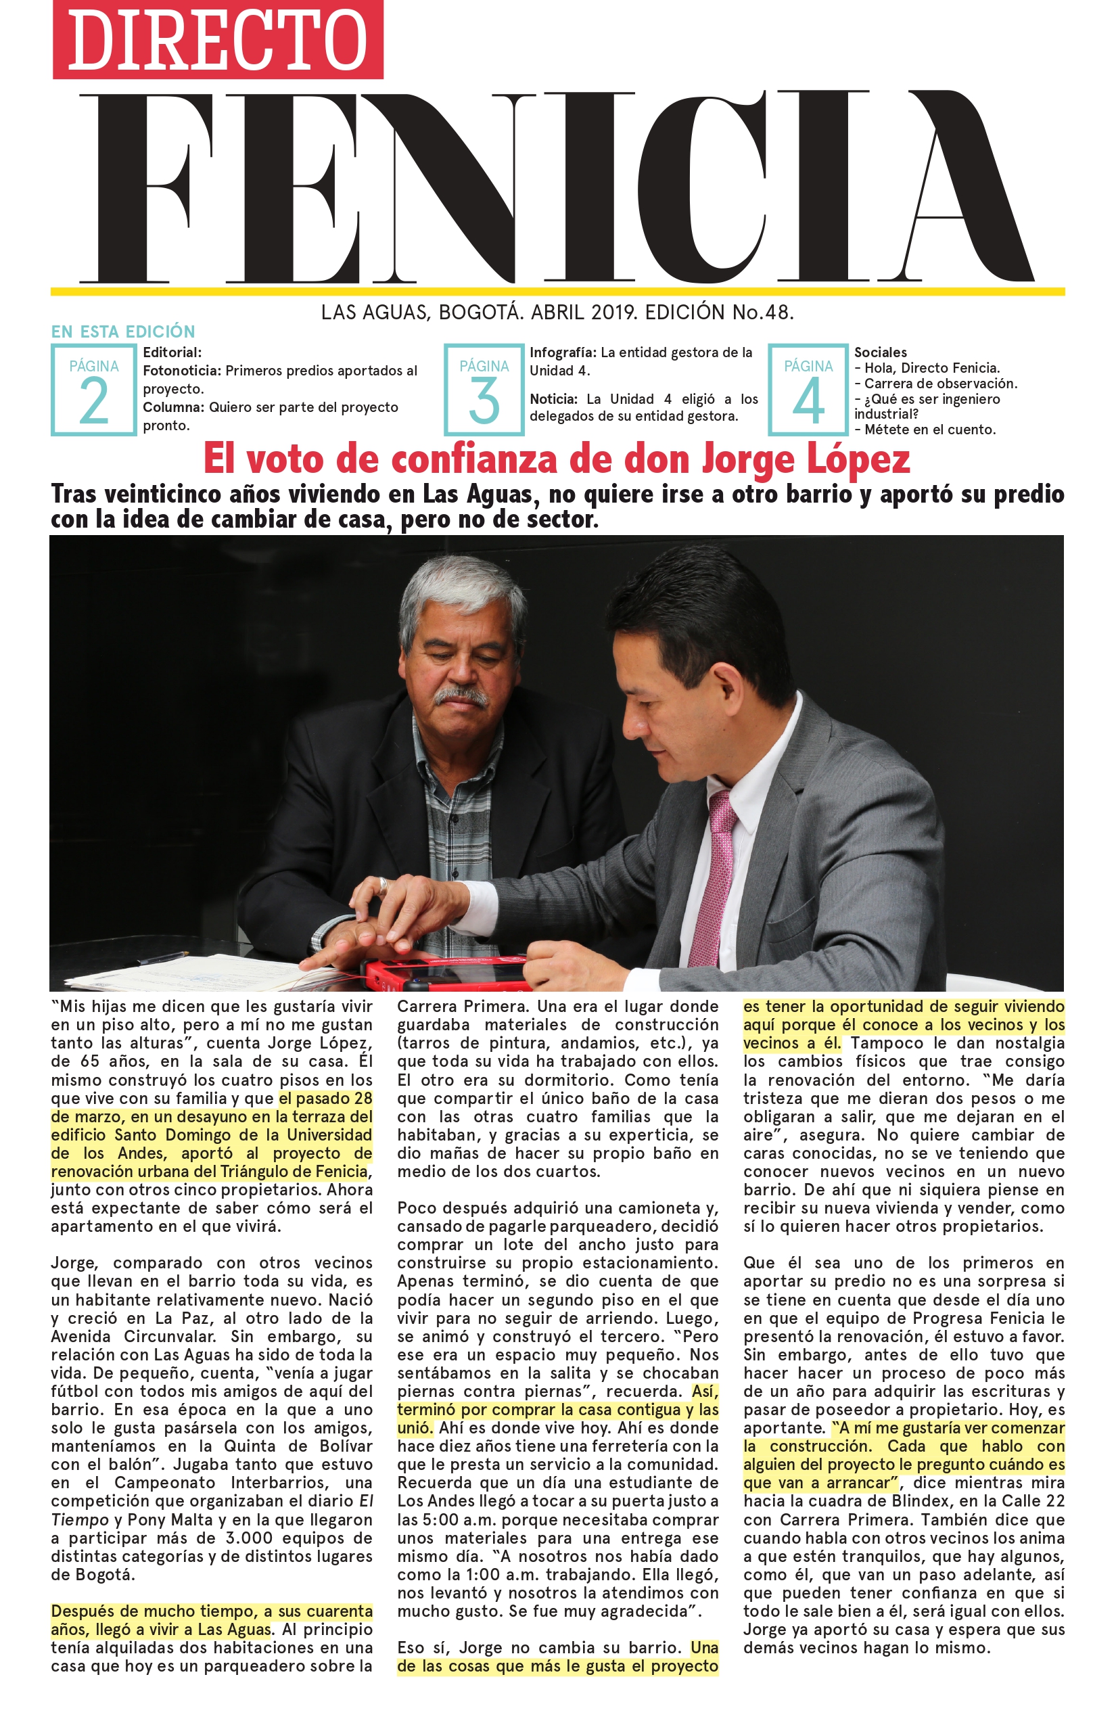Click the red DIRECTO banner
tap(217, 40)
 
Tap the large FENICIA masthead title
tap(557, 189)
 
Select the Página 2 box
tap(93, 389)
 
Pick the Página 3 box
tap(484, 389)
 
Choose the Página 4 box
tap(808, 389)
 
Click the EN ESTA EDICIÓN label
tap(123, 331)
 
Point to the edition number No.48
tap(762, 313)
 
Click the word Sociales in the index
tap(880, 352)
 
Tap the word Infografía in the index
tap(562, 352)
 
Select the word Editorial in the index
tap(172, 352)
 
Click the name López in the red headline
tap(858, 459)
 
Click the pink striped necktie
tap(714, 877)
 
